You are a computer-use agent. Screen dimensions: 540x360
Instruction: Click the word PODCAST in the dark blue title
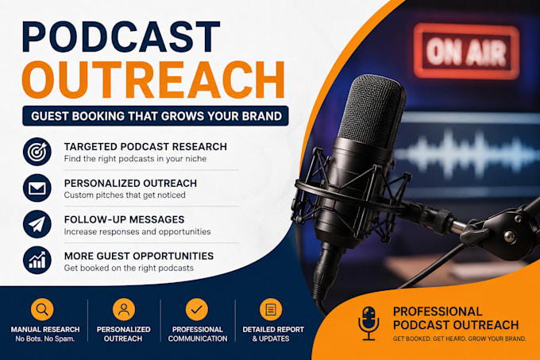121,37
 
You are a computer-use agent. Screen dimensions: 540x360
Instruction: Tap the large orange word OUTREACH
153,80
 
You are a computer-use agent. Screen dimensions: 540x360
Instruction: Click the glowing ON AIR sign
466,52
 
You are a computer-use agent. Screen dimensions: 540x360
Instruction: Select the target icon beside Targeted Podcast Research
37,152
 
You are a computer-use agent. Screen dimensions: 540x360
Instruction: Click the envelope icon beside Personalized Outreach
37,188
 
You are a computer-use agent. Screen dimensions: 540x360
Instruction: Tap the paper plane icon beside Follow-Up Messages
37,224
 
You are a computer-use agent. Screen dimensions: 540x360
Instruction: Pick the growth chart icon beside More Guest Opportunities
37,261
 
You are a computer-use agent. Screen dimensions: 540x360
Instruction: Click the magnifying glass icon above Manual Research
42,309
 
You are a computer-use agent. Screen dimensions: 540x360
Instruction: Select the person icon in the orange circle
124,309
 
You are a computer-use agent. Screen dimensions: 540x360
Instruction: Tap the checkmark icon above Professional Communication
197,309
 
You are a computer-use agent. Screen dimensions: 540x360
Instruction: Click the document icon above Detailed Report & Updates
271,309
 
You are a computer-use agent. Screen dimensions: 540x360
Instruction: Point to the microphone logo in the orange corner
368,323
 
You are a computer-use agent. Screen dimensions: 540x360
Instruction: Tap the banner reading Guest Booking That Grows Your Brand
156,116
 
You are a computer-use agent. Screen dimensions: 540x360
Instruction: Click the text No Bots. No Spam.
45,339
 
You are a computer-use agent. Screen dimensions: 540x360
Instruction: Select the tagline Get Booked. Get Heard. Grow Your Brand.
460,339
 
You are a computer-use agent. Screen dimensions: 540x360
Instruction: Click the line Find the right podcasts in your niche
135,159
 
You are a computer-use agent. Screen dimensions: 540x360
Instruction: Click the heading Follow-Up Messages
125,219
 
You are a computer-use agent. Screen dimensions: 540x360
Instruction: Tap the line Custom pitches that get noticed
125,195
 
